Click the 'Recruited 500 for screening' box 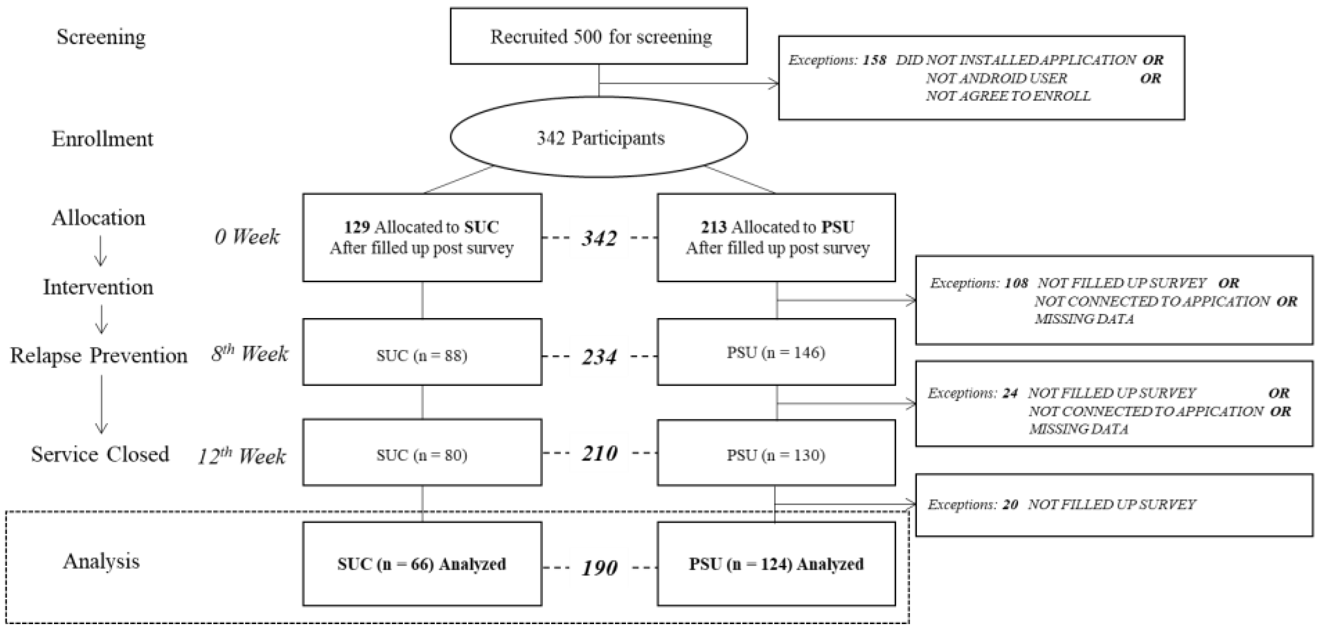[x=598, y=36]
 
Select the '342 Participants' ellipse [x=598, y=137]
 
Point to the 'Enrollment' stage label [x=102, y=139]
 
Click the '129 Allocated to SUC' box [x=422, y=237]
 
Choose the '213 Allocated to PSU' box [x=776, y=237]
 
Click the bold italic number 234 [x=599, y=357]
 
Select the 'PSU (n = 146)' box [x=776, y=352]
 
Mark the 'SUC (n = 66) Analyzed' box [x=422, y=564]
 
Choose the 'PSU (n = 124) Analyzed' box [x=776, y=564]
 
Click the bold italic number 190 [x=599, y=568]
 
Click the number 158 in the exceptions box [x=874, y=60]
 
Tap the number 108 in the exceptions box [x=1016, y=283]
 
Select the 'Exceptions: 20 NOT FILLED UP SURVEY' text [x=1061, y=504]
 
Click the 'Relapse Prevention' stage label [x=98, y=355]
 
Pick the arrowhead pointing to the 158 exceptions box [x=774, y=83]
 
